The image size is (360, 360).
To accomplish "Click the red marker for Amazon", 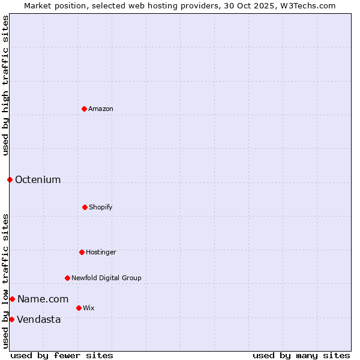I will coord(84,109).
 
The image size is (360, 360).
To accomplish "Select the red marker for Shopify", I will coord(85,207).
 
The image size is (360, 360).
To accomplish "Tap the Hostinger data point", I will coord(82,252).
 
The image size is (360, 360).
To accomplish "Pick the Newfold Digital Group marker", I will coord(67,278).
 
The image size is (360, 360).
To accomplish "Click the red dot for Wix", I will coord(79,308).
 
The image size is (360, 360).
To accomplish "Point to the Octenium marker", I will coord(10,179).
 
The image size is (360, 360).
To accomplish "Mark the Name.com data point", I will coord(12,299).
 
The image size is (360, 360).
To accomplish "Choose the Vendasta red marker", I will coord(11,319).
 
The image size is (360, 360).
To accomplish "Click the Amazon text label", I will coord(101,109).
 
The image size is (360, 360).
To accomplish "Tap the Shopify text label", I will coord(101,207).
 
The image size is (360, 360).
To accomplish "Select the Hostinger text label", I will coord(101,252).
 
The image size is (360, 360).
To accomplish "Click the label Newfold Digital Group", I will coord(106,278).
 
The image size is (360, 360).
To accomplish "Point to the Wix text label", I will coord(89,308).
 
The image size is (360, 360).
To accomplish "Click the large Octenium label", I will coord(38,179).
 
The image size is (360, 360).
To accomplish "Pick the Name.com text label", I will coord(43,299).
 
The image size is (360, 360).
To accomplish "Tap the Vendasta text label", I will coord(39,319).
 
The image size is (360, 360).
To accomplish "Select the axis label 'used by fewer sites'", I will coord(62,355).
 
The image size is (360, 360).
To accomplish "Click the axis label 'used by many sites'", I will coord(301,355).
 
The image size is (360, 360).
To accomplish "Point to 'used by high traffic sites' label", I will coord(5,85).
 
